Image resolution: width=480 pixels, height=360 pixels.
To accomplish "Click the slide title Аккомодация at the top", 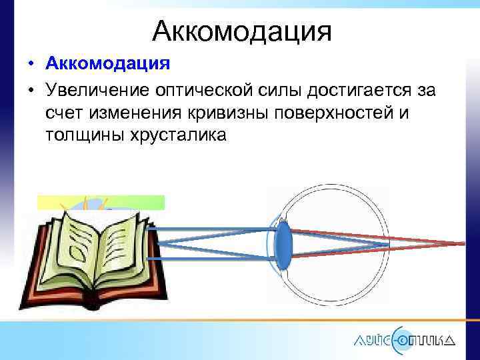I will click(241, 30).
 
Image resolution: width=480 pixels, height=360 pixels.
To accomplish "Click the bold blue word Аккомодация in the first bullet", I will click(108, 65).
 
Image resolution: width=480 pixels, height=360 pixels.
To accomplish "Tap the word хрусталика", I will click(175, 135).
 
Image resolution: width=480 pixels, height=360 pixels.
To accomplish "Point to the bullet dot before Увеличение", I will click(31, 91).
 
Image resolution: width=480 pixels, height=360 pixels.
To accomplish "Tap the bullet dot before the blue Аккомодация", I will click(31, 65).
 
